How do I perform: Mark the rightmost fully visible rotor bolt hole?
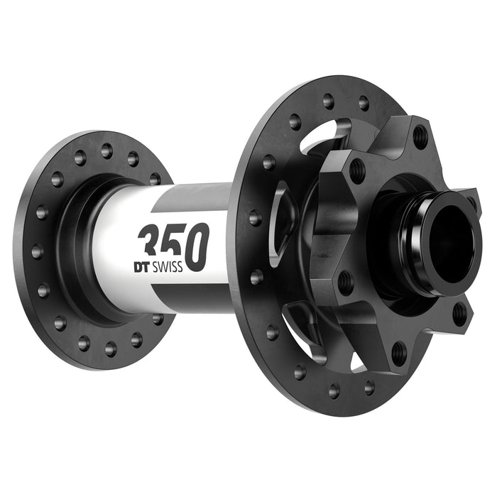[x=460, y=312]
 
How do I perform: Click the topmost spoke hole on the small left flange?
[x=106, y=151]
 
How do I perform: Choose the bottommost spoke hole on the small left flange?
[x=110, y=349]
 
